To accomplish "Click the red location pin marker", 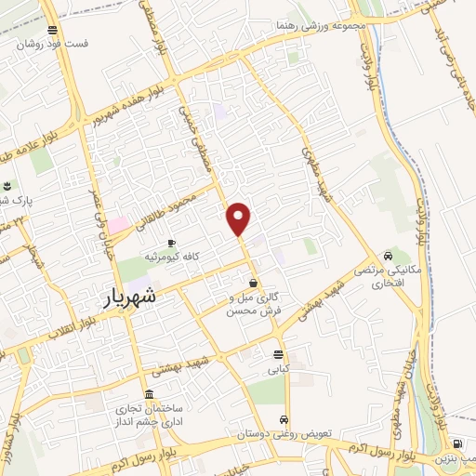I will pyautogui.click(x=240, y=218).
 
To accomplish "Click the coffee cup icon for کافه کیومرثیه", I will pyautogui.click(x=171, y=243).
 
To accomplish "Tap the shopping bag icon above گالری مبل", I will pyautogui.click(x=254, y=284).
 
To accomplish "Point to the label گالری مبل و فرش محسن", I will pyautogui.click(x=254, y=304).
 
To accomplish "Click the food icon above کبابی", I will pyautogui.click(x=278, y=354).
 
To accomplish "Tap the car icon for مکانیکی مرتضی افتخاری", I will pyautogui.click(x=389, y=257).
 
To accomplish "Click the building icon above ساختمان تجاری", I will pyautogui.click(x=150, y=395).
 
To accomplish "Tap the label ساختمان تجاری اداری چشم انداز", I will pyautogui.click(x=150, y=415).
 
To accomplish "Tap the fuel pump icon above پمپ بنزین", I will pyautogui.click(x=456, y=445).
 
